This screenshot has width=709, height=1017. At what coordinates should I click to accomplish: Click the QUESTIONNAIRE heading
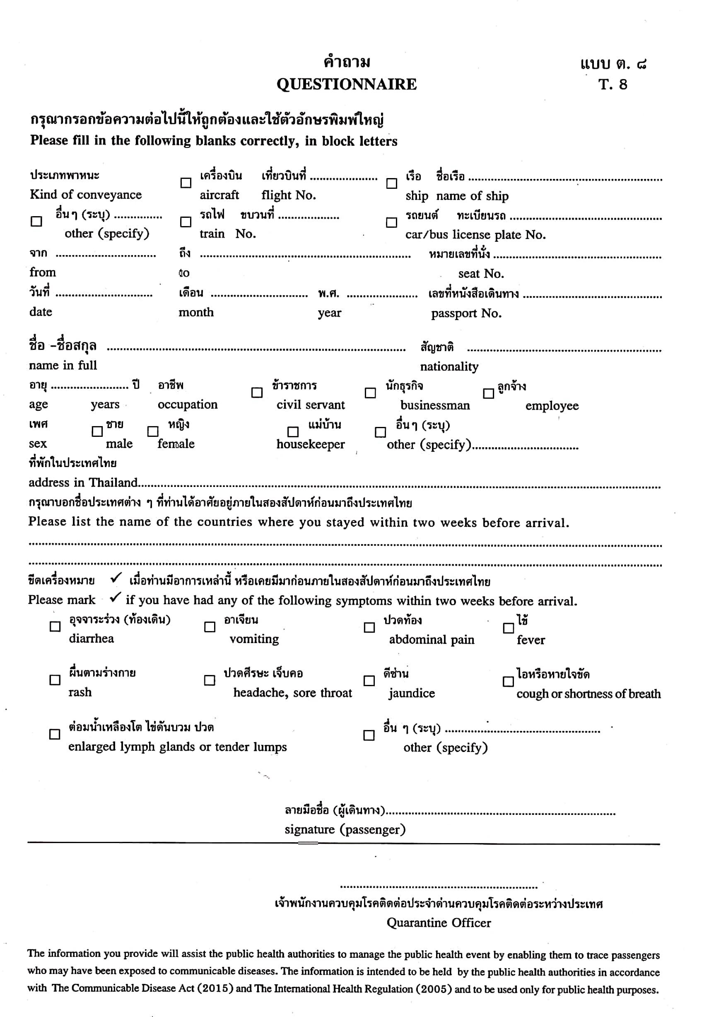[x=347, y=84]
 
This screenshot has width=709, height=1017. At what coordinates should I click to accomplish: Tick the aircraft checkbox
[x=186, y=183]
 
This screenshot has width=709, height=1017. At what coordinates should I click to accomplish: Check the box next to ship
[x=392, y=183]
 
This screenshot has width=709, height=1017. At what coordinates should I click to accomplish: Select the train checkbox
[x=186, y=222]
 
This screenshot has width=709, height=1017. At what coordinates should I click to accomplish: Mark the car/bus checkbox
[x=391, y=222]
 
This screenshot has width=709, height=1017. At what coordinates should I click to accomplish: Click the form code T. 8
[x=613, y=84]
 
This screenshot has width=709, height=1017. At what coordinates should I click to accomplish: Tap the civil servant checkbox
[x=257, y=393]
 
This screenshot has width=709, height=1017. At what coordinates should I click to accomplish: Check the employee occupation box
[x=488, y=393]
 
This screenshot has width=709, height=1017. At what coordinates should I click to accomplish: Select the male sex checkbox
[x=97, y=431]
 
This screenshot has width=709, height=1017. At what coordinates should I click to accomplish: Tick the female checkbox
[x=153, y=431]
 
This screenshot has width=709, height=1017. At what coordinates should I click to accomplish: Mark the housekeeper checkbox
[x=293, y=431]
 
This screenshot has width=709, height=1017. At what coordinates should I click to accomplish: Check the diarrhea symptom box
[x=55, y=627]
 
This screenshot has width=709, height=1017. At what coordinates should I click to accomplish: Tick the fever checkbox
[x=509, y=628]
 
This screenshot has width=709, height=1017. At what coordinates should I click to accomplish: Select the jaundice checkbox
[x=369, y=681]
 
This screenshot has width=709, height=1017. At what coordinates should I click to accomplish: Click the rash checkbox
[x=55, y=680]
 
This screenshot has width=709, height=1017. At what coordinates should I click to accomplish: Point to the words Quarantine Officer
[x=439, y=923]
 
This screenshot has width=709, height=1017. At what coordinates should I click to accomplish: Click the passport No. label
[x=466, y=313]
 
